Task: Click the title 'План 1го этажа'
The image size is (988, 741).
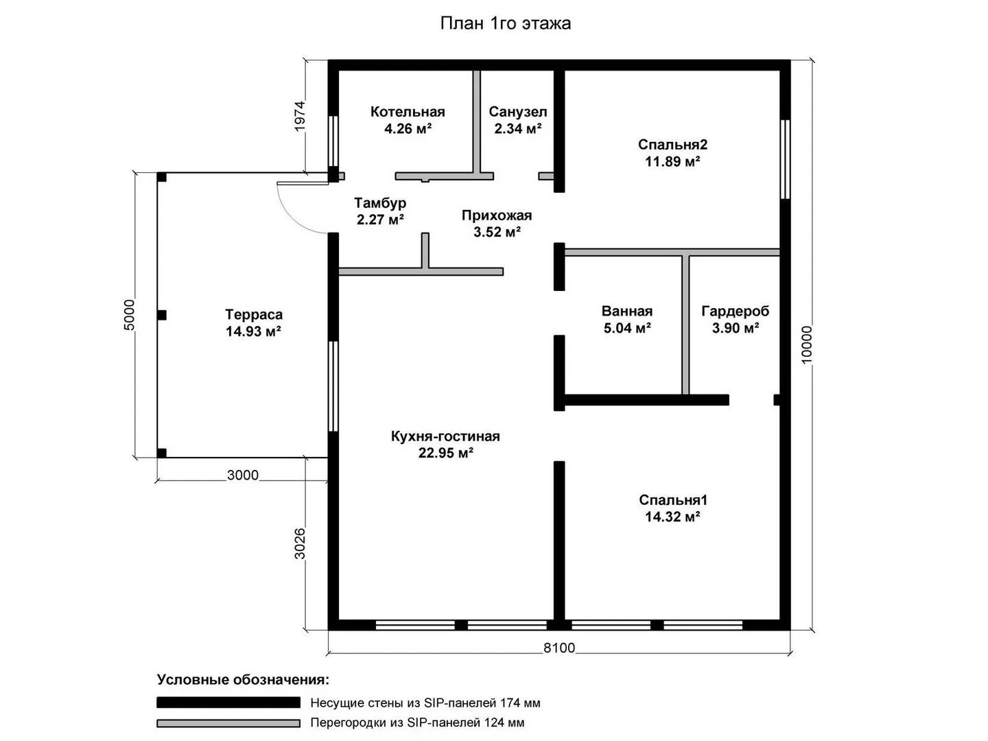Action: click(x=505, y=23)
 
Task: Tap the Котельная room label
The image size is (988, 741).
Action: click(x=408, y=112)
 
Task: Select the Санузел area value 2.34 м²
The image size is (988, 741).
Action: click(x=517, y=129)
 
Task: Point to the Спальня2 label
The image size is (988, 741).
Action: click(x=672, y=144)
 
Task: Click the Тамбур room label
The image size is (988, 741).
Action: click(x=380, y=203)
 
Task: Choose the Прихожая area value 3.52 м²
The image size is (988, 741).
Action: click(x=497, y=232)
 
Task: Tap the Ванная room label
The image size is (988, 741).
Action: click(x=627, y=311)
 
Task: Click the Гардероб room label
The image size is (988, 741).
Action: click(x=736, y=311)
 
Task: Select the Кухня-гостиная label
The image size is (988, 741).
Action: click(x=445, y=436)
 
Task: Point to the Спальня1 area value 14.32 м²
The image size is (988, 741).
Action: click(x=672, y=517)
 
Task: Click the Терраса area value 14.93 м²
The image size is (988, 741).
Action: click(x=253, y=331)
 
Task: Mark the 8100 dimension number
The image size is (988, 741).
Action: click(x=559, y=648)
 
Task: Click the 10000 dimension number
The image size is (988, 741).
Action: click(x=807, y=344)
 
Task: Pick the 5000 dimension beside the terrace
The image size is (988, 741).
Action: click(x=129, y=315)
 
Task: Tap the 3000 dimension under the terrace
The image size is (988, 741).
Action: click(x=243, y=475)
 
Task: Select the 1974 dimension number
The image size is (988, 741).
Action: click(x=300, y=116)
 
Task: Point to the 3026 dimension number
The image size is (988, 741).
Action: click(x=300, y=543)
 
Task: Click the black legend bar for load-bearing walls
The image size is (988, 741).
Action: click(x=228, y=703)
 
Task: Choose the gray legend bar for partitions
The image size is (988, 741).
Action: click(x=228, y=723)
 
